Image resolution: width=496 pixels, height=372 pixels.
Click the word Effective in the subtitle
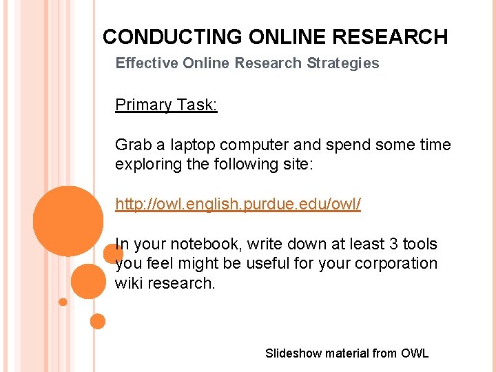point(146,63)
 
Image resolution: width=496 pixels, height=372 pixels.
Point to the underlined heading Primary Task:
point(166,105)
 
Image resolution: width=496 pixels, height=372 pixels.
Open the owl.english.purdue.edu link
point(238,205)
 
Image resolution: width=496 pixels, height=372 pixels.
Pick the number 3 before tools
point(389,245)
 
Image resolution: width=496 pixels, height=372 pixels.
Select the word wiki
point(128,283)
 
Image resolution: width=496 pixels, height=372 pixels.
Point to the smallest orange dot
point(63,302)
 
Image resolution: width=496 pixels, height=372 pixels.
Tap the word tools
point(420,245)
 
